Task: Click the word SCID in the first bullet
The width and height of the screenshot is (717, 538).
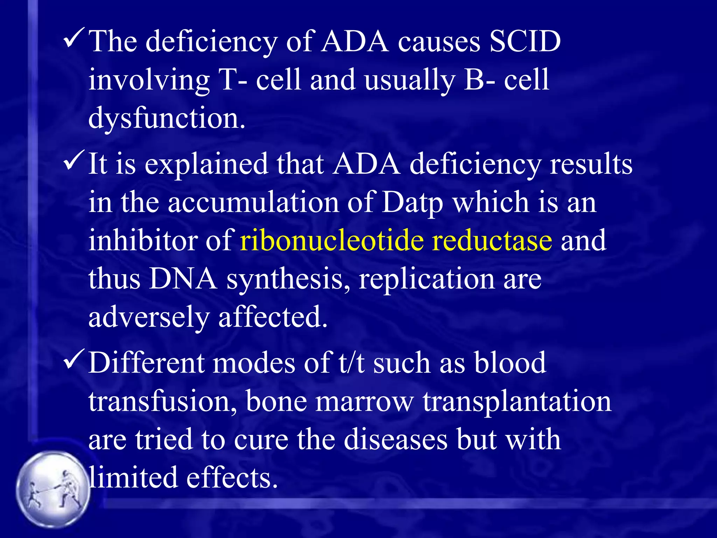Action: click(525, 42)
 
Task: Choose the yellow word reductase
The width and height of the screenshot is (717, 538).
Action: click(492, 241)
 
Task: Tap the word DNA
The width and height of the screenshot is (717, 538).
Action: click(183, 279)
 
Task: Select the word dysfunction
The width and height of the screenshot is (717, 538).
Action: click(167, 118)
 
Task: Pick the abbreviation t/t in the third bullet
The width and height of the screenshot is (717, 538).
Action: click(351, 363)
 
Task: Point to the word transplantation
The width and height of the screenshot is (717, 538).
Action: click(517, 402)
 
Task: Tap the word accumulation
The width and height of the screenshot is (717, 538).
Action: click(253, 202)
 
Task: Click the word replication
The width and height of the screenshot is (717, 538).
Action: click(426, 280)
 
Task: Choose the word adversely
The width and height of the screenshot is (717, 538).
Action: click(149, 317)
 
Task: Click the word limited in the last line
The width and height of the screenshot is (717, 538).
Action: click(133, 478)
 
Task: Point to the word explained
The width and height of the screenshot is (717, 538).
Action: click(206, 164)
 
